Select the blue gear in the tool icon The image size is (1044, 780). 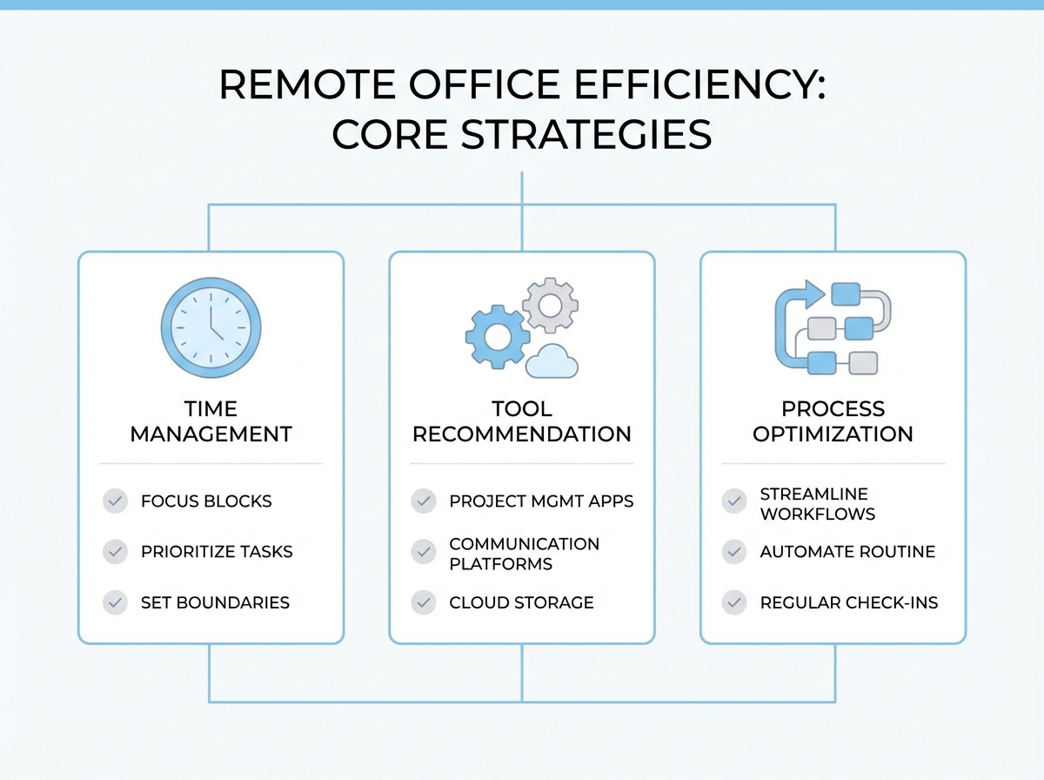click(x=498, y=336)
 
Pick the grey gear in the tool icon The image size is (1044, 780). click(x=550, y=305)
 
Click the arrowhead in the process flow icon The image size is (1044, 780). click(x=815, y=293)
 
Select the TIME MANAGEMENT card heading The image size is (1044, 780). click(x=211, y=421)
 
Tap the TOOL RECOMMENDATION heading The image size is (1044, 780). click(x=522, y=421)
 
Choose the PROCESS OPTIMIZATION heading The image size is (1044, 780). click(x=833, y=421)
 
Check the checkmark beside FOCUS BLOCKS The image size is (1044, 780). click(x=116, y=501)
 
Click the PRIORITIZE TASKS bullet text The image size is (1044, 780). click(x=217, y=552)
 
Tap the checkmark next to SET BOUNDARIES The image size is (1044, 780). click(x=116, y=602)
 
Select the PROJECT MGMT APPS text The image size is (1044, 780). click(x=541, y=501)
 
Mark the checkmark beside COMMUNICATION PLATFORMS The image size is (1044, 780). click(x=424, y=552)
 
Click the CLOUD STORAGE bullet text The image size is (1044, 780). click(x=521, y=602)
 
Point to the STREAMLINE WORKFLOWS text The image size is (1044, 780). click(x=817, y=504)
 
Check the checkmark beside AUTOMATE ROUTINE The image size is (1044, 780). click(x=735, y=552)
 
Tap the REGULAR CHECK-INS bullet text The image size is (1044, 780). click(x=849, y=602)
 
